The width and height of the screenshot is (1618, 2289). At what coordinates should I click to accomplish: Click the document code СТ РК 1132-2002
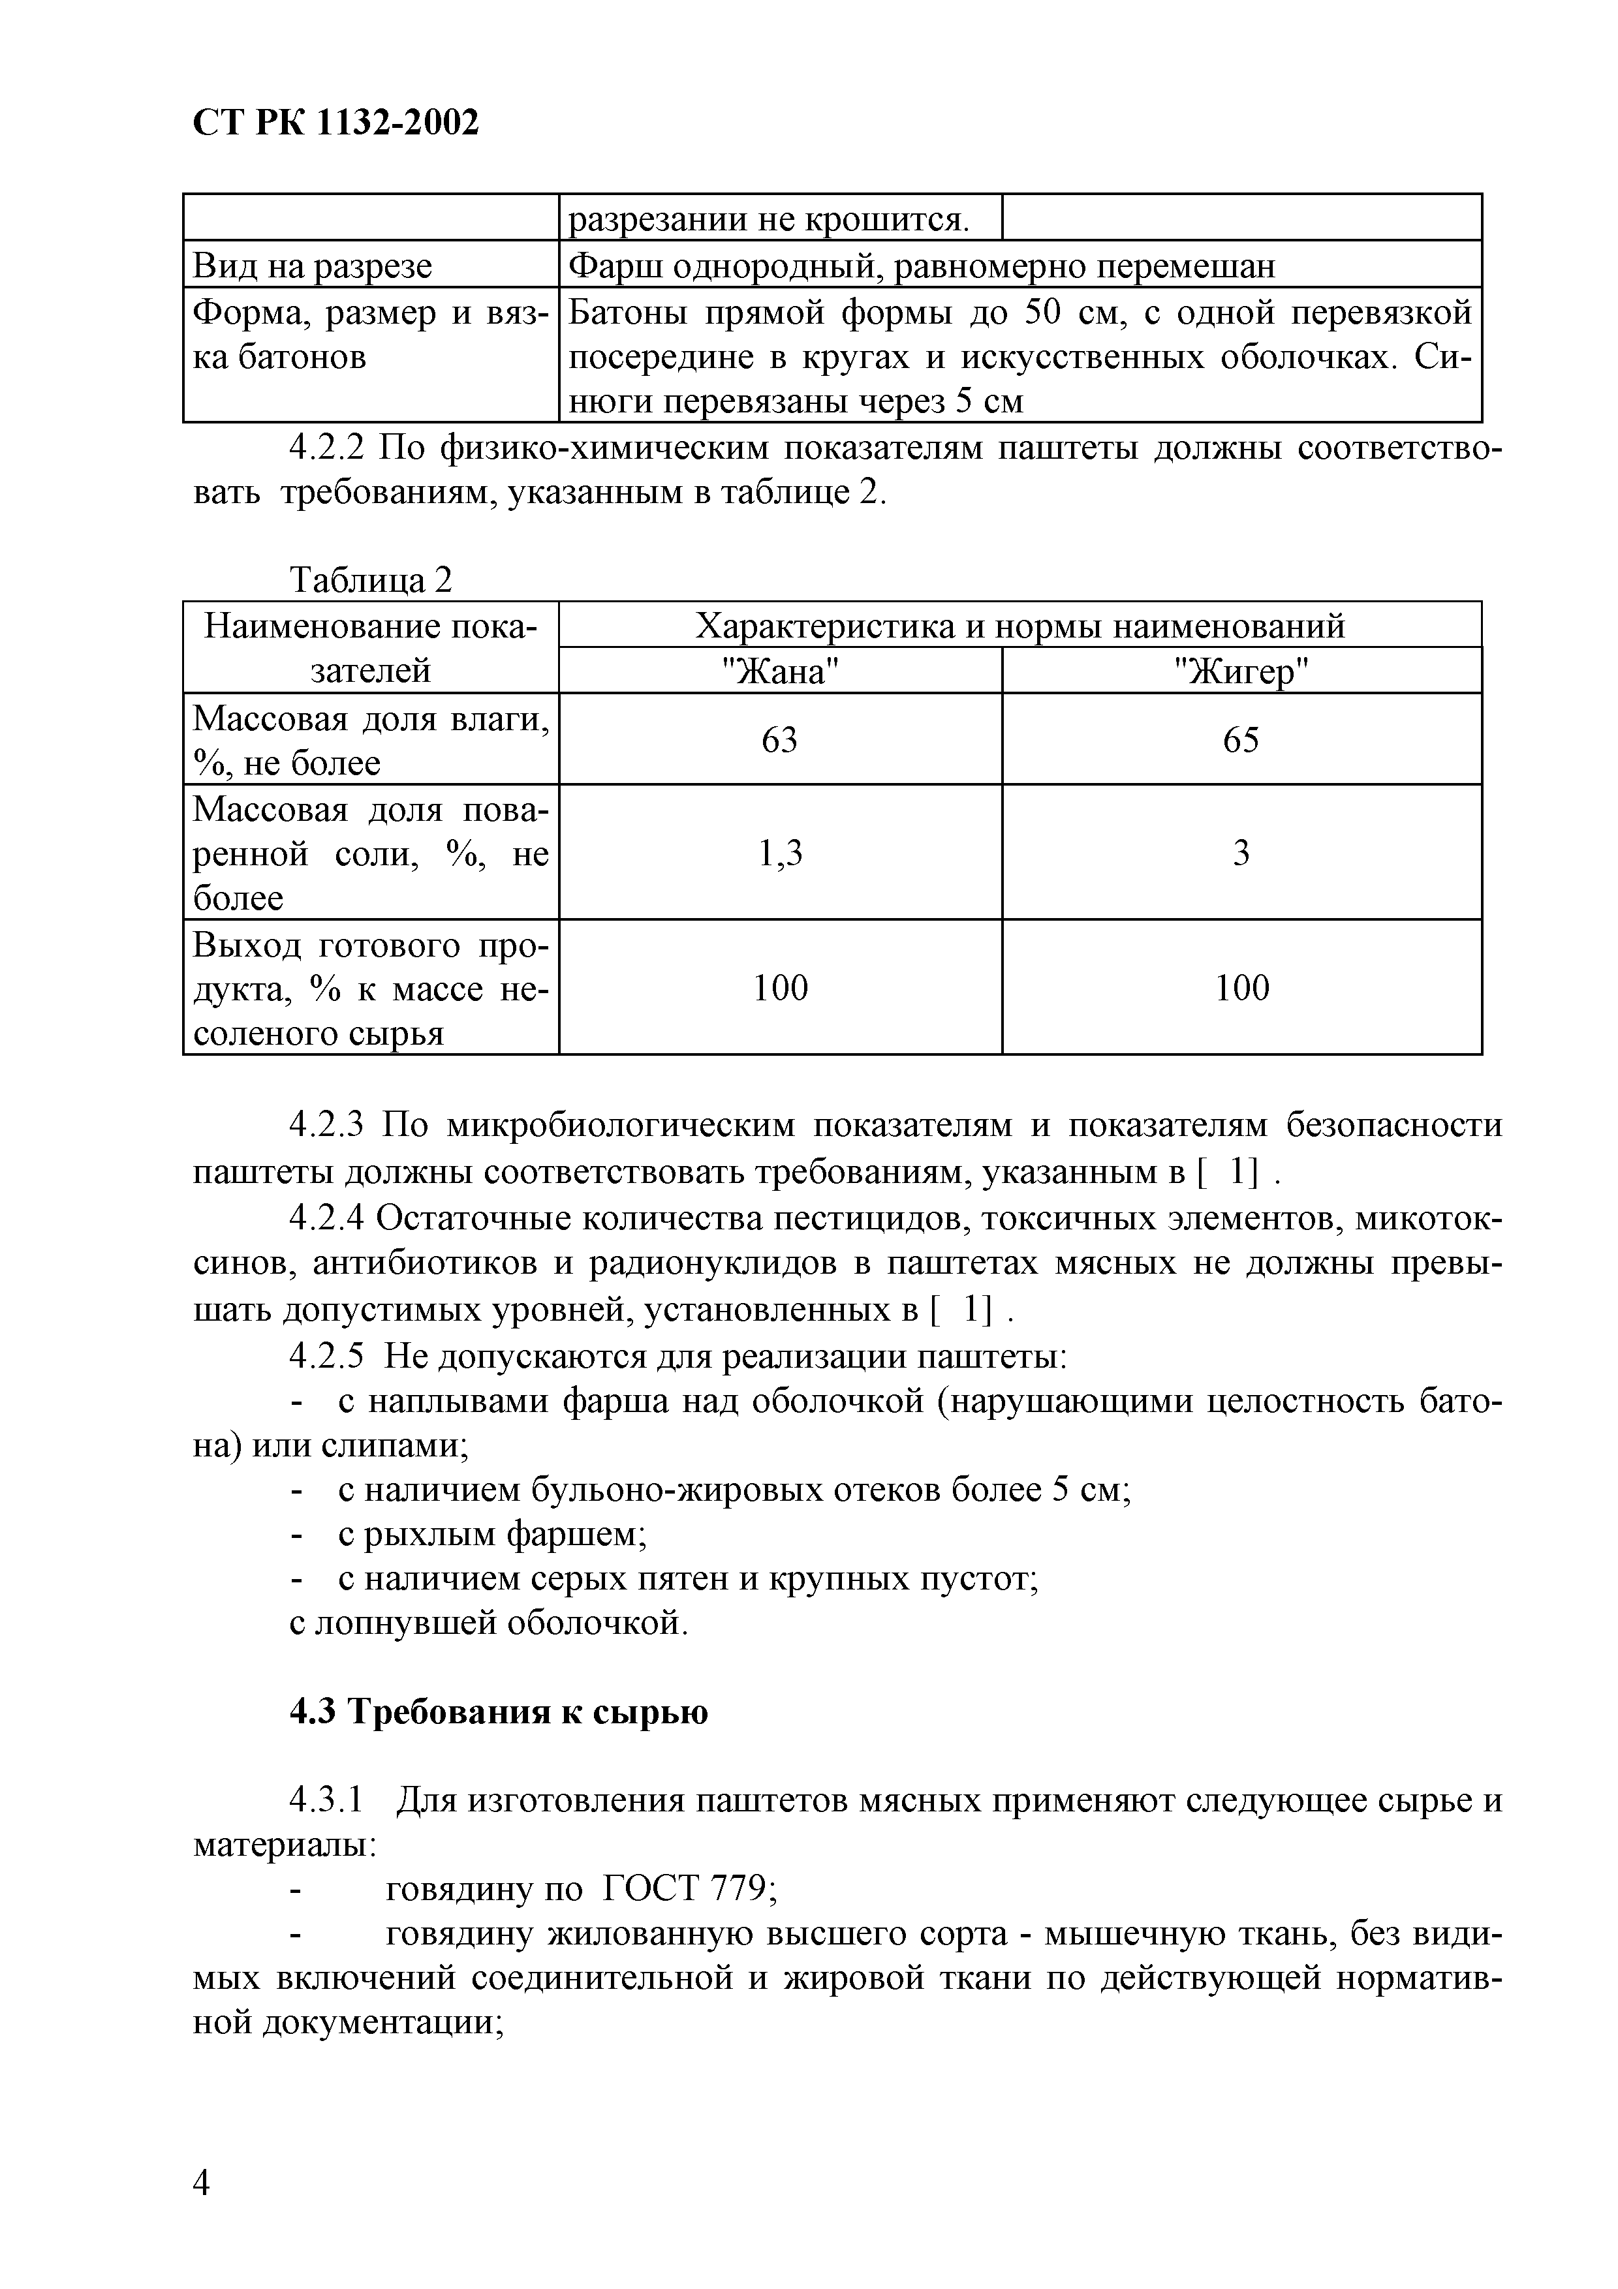pos(335,123)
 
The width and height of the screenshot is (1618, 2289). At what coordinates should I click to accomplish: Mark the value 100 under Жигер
pos(1241,987)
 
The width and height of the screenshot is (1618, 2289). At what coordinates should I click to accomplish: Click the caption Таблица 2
pos(370,579)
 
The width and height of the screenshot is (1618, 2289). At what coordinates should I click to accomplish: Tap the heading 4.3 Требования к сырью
pos(499,1712)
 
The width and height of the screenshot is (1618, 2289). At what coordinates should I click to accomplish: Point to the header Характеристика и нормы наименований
pos(1019,625)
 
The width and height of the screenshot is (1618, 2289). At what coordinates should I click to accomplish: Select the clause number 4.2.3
pos(329,1124)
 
